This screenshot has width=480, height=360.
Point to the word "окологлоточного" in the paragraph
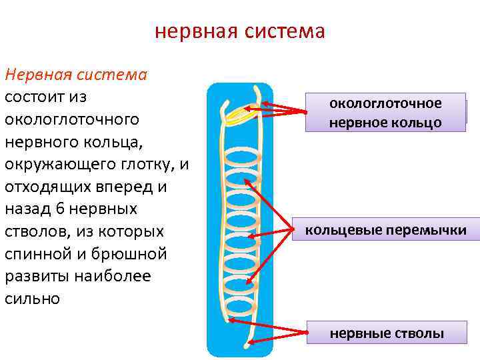tap(72, 119)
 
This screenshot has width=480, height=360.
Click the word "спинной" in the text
tap(38, 254)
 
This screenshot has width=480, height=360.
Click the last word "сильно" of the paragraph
tap(32, 299)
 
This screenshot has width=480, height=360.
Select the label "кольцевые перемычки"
tap(385, 231)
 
